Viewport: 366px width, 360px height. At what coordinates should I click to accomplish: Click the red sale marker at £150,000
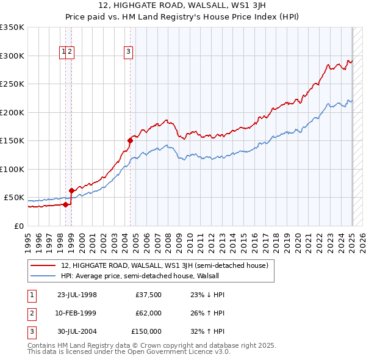[x=130, y=140]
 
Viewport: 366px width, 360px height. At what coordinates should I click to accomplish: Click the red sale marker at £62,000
[x=72, y=190]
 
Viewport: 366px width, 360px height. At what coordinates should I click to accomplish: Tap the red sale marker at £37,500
[x=66, y=204]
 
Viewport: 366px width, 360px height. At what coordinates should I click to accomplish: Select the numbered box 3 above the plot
[x=129, y=52]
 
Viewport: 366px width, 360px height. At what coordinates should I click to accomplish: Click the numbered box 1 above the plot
[x=63, y=52]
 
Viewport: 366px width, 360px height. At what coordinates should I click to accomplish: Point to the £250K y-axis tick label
[x=12, y=84]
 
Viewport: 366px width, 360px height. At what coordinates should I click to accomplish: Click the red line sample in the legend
[x=43, y=265]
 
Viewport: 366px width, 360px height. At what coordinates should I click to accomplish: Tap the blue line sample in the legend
[x=43, y=276]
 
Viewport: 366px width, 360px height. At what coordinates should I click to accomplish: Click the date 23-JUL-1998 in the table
[x=77, y=295]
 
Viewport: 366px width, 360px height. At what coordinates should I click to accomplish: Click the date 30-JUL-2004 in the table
[x=77, y=331]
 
